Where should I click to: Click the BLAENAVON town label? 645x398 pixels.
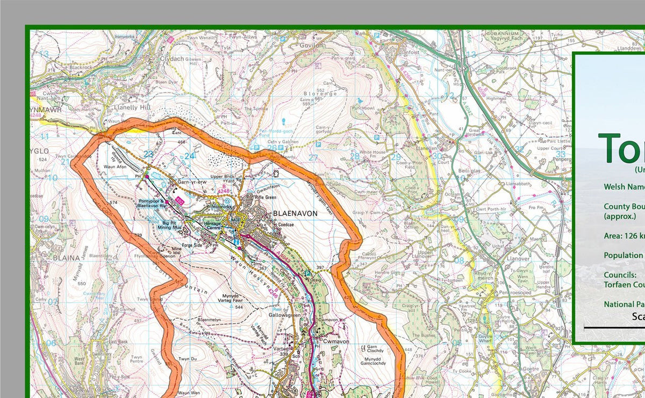point(295,213)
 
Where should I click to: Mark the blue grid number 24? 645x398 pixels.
point(189,156)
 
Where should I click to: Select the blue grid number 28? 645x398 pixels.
point(355,156)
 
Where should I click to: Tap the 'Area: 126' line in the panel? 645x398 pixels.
point(623,236)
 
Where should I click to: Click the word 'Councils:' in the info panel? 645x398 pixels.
point(620,274)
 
